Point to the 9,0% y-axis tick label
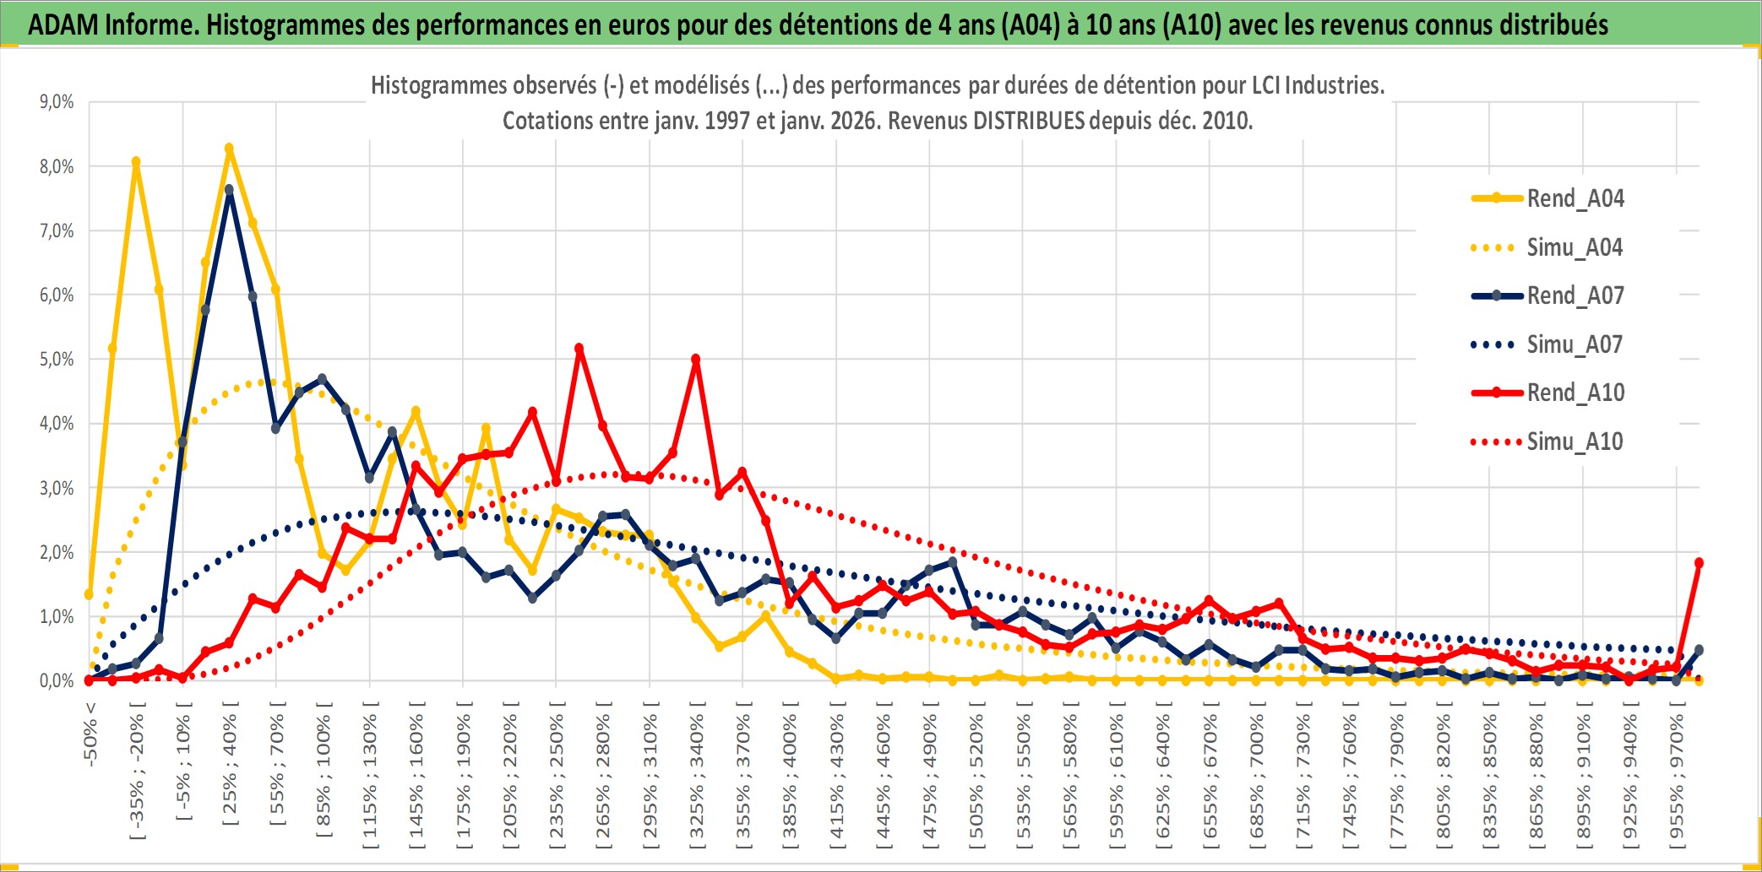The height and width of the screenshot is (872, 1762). pos(57,102)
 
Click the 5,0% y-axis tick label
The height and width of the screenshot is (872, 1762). pos(57,360)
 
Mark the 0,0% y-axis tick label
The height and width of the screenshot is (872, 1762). pos(57,681)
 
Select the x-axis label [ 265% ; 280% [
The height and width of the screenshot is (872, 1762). pos(603,777)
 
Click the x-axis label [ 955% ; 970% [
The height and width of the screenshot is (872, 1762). pos(1677,777)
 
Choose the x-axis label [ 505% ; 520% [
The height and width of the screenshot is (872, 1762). pos(976,777)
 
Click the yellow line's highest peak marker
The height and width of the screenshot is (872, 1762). pos(229,149)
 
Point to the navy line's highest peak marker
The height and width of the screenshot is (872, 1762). pos(229,190)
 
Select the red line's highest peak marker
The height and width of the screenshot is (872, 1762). pos(579,348)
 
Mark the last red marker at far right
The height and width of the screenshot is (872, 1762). pos(1699,562)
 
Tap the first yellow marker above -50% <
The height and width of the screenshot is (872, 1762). pos(89,594)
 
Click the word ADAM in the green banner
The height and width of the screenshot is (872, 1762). pos(63,24)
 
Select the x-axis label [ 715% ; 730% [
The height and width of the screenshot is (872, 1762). pos(1303,777)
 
